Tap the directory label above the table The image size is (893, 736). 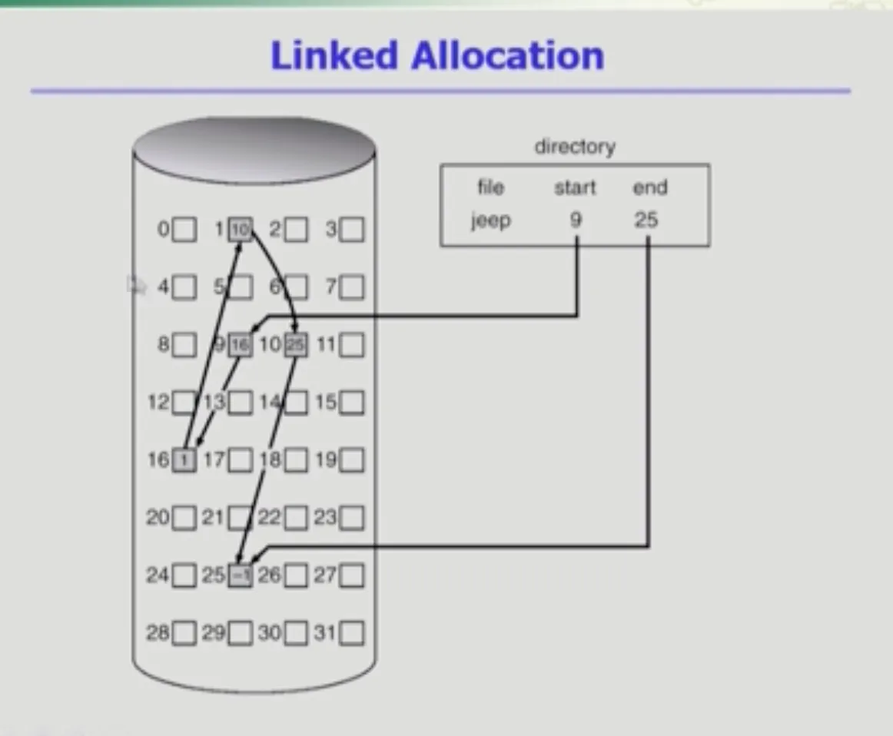575,147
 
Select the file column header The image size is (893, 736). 491,187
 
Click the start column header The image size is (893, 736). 575,187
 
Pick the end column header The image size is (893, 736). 649,187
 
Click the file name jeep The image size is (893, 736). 491,220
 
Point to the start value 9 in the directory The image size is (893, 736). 576,220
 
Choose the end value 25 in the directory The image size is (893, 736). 646,220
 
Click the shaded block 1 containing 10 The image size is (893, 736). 241,229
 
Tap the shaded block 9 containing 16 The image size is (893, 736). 240,345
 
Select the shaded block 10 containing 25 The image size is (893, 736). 296,345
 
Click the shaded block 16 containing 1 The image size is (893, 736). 184,460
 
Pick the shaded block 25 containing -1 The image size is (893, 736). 241,575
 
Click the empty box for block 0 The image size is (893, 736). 184,229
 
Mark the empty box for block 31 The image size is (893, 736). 352,634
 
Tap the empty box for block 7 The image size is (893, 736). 352,287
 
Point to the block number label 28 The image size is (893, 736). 158,633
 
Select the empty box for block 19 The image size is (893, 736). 352,460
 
